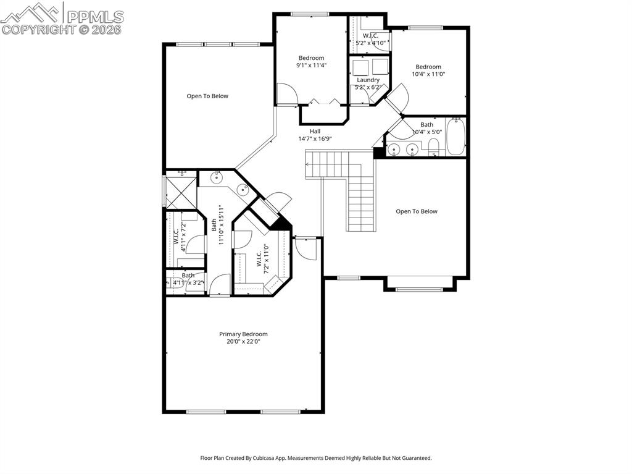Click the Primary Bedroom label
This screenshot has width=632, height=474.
tap(243, 334)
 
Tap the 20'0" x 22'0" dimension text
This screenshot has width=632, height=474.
tap(243, 341)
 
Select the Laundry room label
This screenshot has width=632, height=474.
tap(368, 80)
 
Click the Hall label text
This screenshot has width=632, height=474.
tap(315, 131)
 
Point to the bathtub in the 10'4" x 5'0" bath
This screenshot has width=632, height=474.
tap(455, 137)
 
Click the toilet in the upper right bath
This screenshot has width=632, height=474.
tap(433, 146)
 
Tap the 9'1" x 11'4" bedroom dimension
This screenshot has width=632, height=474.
tap(311, 65)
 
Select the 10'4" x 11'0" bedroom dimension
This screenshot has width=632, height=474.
tap(428, 74)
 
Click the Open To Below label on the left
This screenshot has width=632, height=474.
tap(207, 96)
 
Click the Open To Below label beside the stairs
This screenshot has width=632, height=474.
tap(416, 211)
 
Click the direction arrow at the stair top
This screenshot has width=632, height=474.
tap(308, 165)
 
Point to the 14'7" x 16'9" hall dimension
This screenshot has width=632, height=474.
tap(315, 138)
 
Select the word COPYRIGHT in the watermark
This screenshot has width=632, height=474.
tap(38, 29)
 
